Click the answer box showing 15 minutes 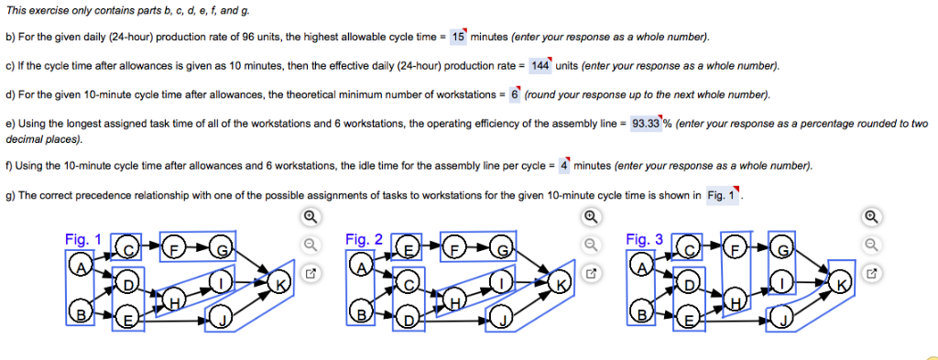(x=459, y=37)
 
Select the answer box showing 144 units (x=540, y=66)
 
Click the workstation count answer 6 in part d (x=515, y=94)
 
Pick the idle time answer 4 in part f (x=563, y=165)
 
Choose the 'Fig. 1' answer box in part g (x=722, y=195)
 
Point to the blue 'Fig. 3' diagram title (x=644, y=240)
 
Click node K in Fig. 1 (x=278, y=281)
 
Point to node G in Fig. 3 (x=782, y=247)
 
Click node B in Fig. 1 (x=81, y=311)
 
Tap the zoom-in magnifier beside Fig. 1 (x=311, y=216)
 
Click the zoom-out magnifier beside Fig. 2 (x=591, y=245)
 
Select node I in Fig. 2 (x=501, y=281)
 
